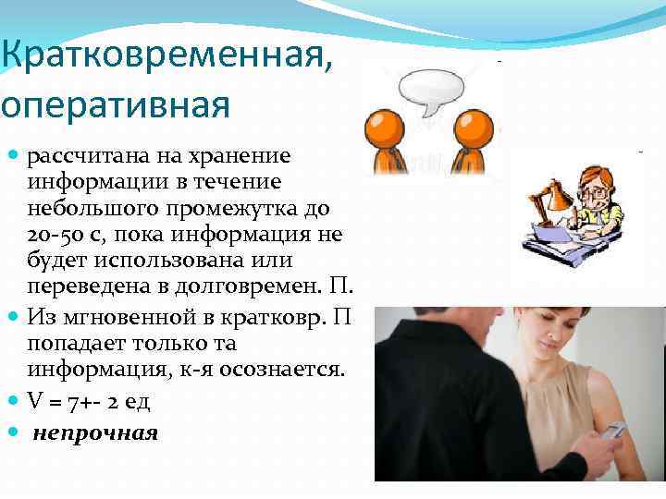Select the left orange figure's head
(x=380, y=126)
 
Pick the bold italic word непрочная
(x=95, y=432)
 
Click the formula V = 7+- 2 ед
(x=88, y=402)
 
